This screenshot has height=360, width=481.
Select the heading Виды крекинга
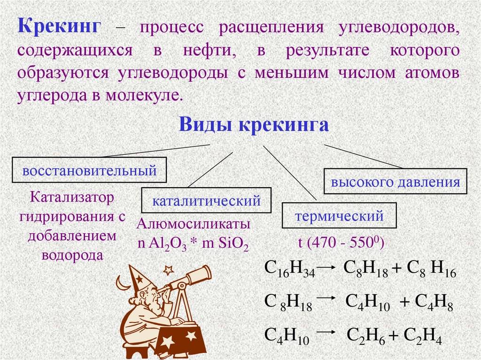253,125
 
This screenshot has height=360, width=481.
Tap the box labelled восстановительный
89,170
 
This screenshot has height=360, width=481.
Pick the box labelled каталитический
206,201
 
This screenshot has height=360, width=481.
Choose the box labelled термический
339,216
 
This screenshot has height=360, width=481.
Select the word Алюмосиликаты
193,225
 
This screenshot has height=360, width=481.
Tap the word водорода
72,255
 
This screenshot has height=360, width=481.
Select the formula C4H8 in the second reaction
434,303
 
